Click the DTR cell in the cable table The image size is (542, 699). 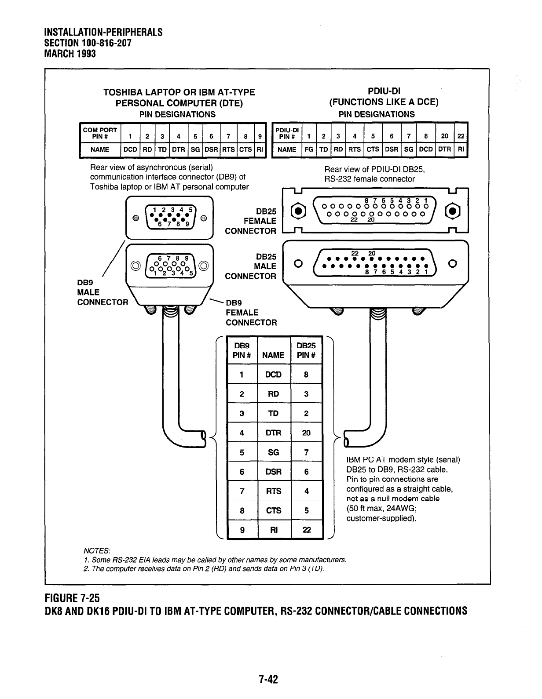click(x=273, y=433)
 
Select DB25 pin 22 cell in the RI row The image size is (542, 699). click(x=307, y=530)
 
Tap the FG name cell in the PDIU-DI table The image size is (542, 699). click(x=309, y=149)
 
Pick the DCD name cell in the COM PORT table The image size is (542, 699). click(x=131, y=149)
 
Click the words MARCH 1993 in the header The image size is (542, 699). click(x=70, y=54)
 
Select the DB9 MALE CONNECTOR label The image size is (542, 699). click(x=102, y=292)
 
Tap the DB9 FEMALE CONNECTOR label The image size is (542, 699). click(x=251, y=313)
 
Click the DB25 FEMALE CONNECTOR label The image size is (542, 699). click(x=251, y=221)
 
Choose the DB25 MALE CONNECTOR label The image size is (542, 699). click(x=251, y=266)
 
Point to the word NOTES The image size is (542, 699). click(x=96, y=551)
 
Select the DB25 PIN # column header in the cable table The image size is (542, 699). click(x=307, y=350)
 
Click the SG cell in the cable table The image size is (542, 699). click(x=273, y=452)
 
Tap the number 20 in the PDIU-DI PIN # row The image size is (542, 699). click(x=445, y=136)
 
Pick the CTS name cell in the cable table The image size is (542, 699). click(x=273, y=510)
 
